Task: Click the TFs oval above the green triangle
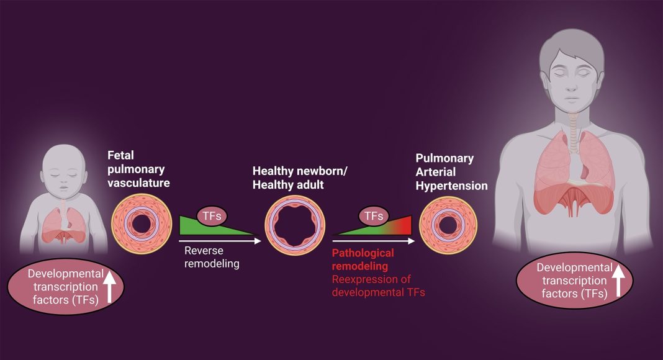point(212,215)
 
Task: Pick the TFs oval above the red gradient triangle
point(373,215)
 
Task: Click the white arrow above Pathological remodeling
point(373,238)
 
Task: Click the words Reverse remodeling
point(210,257)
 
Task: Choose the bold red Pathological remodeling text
point(363,259)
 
